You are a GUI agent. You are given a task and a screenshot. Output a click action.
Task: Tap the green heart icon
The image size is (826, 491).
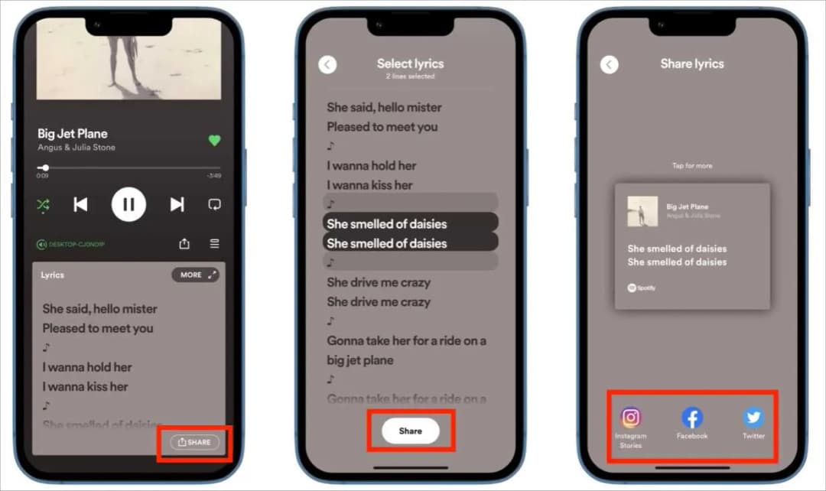tap(214, 141)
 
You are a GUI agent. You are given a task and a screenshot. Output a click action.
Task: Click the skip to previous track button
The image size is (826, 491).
tap(80, 204)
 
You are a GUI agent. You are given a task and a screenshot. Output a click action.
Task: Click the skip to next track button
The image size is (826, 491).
tap(177, 204)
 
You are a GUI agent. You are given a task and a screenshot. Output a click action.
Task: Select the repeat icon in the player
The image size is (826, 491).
tap(214, 204)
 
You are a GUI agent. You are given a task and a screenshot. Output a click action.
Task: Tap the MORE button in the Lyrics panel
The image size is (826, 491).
tap(195, 275)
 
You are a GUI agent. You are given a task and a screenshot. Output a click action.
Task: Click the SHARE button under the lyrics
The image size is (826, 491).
tap(194, 442)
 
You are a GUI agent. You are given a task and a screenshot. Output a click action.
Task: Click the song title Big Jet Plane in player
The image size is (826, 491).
tap(73, 133)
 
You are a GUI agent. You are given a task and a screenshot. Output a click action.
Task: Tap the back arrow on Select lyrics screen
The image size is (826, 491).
tap(327, 64)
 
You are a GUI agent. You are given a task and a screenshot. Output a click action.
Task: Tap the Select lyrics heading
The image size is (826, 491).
tap(410, 64)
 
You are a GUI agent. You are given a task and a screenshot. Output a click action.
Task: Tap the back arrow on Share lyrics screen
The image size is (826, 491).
tap(610, 64)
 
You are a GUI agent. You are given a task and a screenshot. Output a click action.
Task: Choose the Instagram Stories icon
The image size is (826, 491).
tap(631, 418)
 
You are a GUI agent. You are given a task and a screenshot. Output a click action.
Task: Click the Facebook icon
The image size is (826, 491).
tap(692, 418)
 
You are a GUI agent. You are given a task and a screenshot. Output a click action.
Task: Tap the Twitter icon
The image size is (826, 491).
tap(753, 418)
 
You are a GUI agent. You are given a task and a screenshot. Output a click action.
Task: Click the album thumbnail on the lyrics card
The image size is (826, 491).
tap(642, 212)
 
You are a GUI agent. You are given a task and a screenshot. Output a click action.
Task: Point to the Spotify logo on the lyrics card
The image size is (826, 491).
tap(642, 288)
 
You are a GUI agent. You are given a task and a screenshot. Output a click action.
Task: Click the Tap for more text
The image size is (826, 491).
tap(692, 166)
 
